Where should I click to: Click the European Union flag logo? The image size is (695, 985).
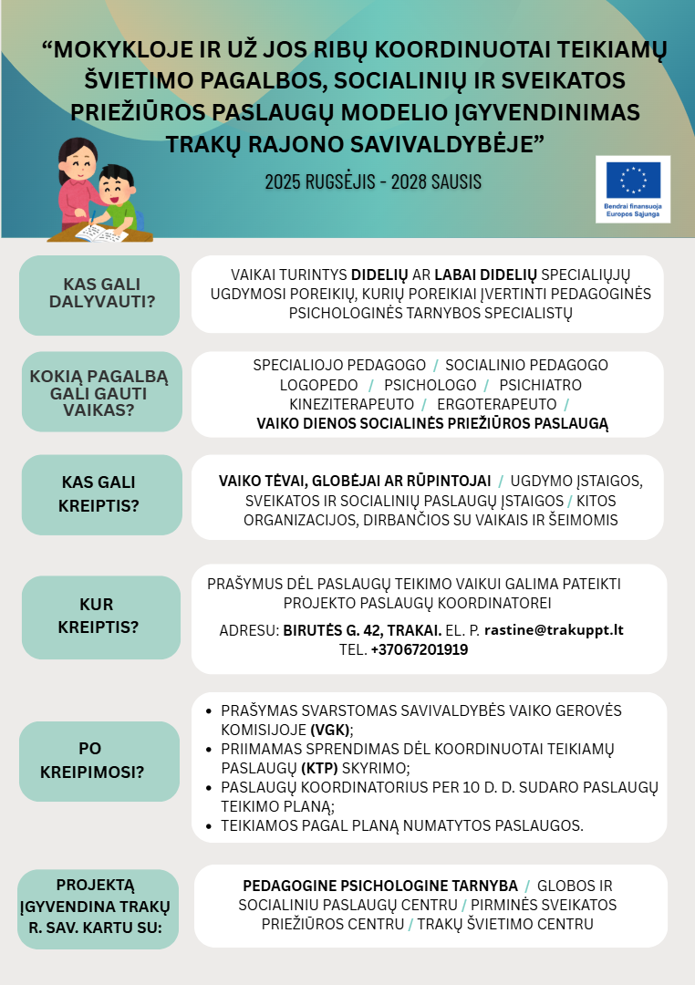click(x=633, y=180)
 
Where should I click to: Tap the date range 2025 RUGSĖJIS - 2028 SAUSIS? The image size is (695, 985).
click(x=373, y=181)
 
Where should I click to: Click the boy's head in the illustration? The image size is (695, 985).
click(x=115, y=186)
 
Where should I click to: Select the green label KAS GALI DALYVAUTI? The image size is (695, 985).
click(x=99, y=294)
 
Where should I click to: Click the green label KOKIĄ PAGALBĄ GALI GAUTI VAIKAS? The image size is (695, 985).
click(x=99, y=392)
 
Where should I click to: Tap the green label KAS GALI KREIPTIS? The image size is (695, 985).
click(x=99, y=493)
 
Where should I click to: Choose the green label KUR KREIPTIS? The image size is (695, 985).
click(x=99, y=616)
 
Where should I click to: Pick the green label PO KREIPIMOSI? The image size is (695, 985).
click(x=99, y=760)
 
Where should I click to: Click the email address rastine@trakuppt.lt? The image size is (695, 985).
click(x=554, y=630)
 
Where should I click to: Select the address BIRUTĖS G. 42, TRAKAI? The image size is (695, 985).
click(x=362, y=630)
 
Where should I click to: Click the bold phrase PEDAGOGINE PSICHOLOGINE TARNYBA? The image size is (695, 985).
click(x=379, y=886)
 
